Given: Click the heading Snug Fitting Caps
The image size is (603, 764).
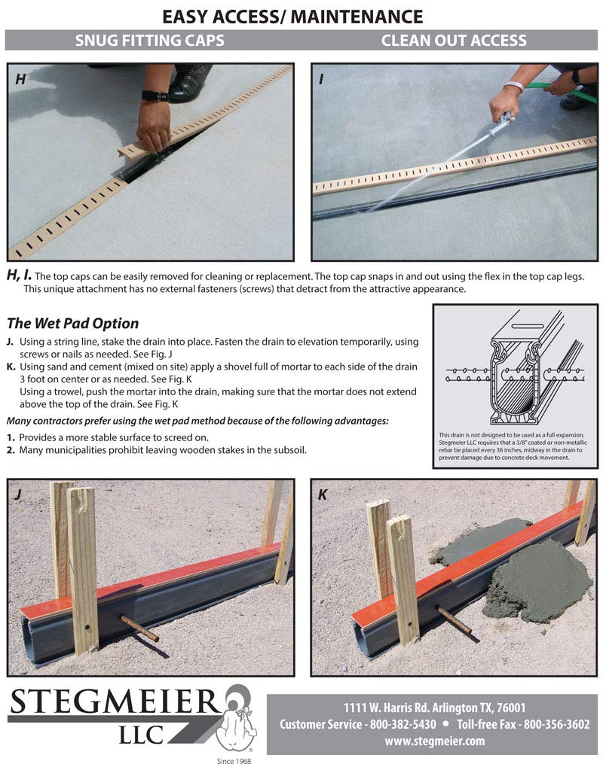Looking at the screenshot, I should [x=149, y=41].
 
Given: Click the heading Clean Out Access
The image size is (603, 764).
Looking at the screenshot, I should [x=454, y=41].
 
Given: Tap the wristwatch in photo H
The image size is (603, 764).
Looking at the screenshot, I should [x=154, y=96].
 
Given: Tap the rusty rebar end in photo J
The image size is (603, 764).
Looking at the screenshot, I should [x=139, y=628].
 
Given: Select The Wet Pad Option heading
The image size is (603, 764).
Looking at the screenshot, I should [x=72, y=324].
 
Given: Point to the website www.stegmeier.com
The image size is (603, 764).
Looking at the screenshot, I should [x=434, y=741].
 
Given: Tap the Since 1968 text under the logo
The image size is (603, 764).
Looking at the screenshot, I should [x=233, y=759].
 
